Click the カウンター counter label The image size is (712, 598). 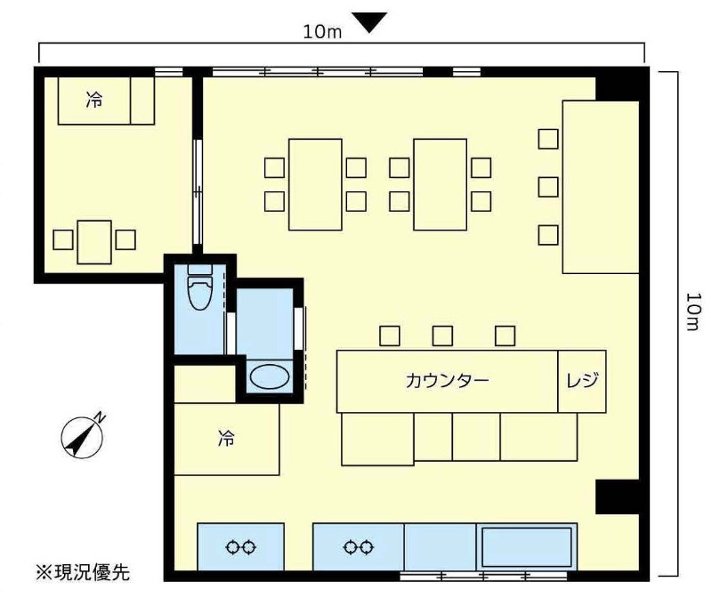pyautogui.click(x=448, y=381)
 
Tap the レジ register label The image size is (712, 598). pyautogui.click(x=582, y=380)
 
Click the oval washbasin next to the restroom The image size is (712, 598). pyautogui.click(x=270, y=377)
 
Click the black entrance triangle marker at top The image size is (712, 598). pyautogui.click(x=370, y=21)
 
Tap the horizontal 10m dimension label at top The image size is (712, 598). pyautogui.click(x=322, y=32)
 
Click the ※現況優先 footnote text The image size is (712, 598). pyautogui.click(x=83, y=572)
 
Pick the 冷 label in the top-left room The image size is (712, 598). pyautogui.click(x=94, y=100)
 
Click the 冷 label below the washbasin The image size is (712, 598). pyautogui.click(x=226, y=439)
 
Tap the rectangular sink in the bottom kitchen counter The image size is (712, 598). pyautogui.click(x=527, y=546)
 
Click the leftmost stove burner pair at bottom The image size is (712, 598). pyautogui.click(x=240, y=547)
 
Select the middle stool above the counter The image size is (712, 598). pyautogui.click(x=442, y=336)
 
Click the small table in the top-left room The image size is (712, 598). pyautogui.click(x=94, y=242)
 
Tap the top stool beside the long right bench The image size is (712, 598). pyautogui.click(x=548, y=139)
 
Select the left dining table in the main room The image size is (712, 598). pyautogui.click(x=315, y=184)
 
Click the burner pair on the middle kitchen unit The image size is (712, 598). pyautogui.click(x=359, y=547)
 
